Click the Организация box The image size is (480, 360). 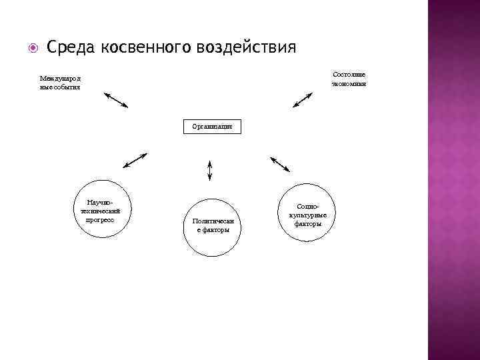coord(212,126)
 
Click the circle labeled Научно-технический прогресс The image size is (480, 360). coord(100,209)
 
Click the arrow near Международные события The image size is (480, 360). coord(116,99)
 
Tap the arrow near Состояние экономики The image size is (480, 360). coord(302,100)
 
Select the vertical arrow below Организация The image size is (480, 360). coord(210,170)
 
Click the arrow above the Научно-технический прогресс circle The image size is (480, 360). coord(135,161)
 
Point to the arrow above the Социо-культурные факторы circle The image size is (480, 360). coord(279,164)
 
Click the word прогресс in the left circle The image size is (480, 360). coord(100,219)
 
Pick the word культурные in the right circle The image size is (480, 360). coord(308,215)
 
